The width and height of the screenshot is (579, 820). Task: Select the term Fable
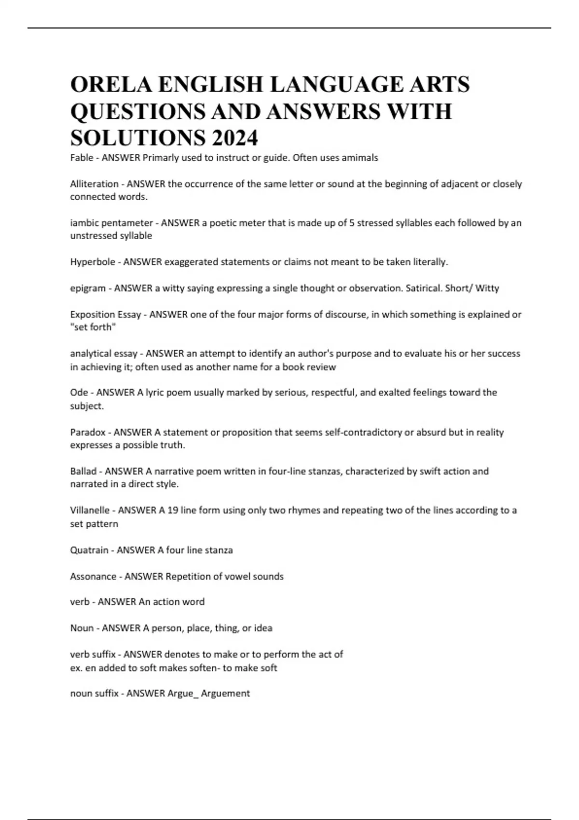pos(82,158)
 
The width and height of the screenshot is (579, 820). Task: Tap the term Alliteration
pos(94,184)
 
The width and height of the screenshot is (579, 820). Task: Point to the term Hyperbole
pos(93,262)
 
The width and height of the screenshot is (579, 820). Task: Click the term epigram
pos(88,288)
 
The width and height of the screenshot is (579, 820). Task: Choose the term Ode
pos(79,392)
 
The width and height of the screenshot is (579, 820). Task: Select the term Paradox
pos(88,432)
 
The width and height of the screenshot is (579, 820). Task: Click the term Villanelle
pos(90,510)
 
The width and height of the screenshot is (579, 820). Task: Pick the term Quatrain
pos(89,550)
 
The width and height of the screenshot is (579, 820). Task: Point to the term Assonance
pos(93,576)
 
